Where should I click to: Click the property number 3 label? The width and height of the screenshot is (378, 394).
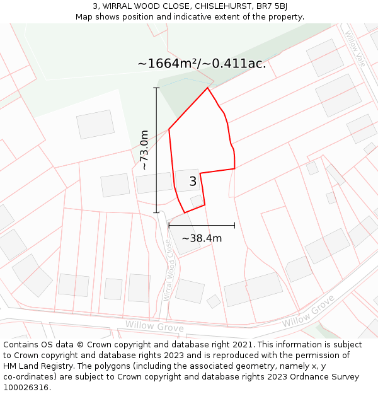193,182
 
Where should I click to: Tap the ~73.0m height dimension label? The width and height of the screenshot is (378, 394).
144,150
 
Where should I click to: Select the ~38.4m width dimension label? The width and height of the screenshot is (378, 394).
202,238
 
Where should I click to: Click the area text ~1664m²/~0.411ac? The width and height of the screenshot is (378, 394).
202,64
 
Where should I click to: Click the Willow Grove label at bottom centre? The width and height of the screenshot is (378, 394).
154,326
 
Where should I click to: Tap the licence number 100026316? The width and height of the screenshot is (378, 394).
25,388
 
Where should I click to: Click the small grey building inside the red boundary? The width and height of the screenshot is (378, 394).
197,200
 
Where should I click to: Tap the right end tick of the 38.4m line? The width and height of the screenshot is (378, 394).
234,224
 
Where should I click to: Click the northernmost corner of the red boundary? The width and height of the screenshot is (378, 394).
207,88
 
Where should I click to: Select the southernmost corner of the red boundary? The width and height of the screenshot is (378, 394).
185,212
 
